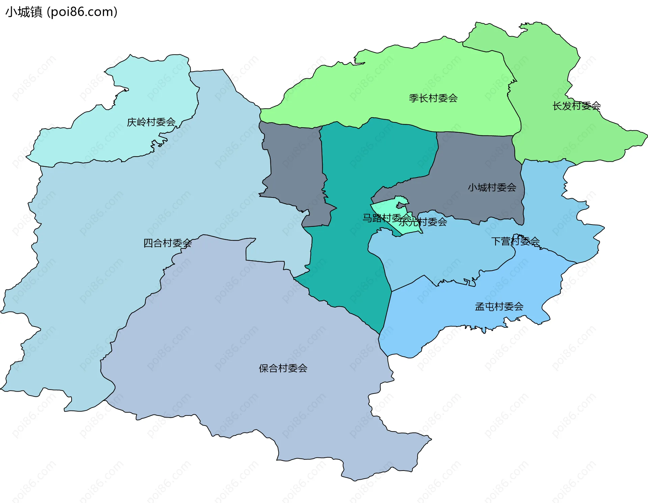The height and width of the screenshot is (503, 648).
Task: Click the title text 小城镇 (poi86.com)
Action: point(61,12)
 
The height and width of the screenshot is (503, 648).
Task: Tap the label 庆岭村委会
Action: point(151,122)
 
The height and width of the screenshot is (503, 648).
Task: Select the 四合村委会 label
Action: point(167,243)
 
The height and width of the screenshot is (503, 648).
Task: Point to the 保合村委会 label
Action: point(283,368)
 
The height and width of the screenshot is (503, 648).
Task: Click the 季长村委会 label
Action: point(433,98)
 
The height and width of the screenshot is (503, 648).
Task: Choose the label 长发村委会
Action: point(576,106)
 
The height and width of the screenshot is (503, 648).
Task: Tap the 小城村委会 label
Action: point(492,187)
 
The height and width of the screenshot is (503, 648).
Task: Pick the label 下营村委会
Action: point(515,241)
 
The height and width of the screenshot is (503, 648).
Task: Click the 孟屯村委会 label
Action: point(499,307)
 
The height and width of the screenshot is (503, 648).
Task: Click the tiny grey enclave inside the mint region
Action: point(401,205)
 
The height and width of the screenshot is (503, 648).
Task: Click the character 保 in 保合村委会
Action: point(264,368)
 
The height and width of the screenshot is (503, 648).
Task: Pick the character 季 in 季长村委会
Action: point(414,98)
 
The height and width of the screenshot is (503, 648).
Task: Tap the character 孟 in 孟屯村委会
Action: point(480,307)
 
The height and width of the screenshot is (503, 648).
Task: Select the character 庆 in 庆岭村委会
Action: point(132,122)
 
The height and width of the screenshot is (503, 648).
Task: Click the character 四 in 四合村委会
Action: point(148,243)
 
